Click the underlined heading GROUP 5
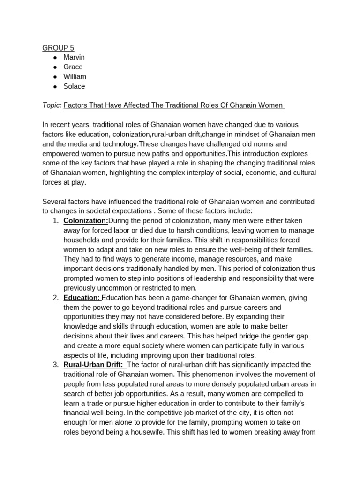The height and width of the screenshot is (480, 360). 58,48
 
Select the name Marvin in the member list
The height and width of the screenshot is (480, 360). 74,57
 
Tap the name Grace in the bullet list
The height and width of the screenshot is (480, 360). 73,67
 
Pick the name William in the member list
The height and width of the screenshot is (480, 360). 75,76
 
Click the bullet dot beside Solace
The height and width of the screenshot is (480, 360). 55,87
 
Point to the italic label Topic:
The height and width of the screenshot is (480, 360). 52,105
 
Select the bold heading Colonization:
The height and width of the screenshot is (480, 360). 86,221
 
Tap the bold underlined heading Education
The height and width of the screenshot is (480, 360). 81,298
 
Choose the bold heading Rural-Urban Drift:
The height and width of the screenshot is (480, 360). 93,365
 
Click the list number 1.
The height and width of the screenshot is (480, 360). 55,221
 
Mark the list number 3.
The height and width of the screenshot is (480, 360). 55,365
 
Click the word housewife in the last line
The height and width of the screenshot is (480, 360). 146,432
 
